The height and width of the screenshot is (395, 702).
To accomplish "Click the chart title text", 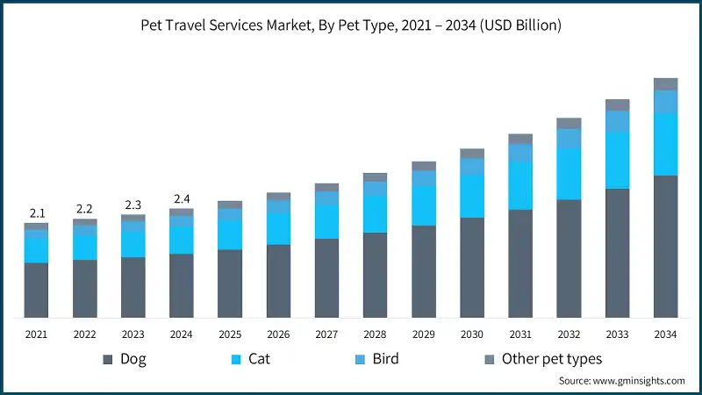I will tap(351, 26).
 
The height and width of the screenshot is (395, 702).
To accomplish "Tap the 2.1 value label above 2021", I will tap(36, 213).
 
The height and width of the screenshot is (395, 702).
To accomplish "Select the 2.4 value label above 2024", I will tap(182, 198).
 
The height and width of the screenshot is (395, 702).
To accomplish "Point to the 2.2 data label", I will tap(84, 209).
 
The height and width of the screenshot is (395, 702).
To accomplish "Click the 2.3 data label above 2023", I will tap(133, 204).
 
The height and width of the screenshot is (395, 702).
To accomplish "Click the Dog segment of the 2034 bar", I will tap(665, 246).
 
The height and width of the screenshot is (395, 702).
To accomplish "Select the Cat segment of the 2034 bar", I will tap(665, 145).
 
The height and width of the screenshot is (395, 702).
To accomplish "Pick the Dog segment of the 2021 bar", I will tap(36, 290).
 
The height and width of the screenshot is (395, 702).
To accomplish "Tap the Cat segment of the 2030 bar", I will tap(472, 196).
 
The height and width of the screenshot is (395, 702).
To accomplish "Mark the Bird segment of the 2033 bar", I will tap(617, 121).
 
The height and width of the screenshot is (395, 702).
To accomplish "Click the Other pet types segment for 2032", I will tap(569, 123).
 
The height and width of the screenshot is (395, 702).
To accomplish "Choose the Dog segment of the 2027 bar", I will tap(326, 277).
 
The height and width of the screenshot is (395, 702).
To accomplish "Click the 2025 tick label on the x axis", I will tap(230, 334).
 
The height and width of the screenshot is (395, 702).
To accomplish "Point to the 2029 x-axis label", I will tap(424, 334).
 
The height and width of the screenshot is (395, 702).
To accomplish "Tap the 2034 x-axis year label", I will tap(665, 334).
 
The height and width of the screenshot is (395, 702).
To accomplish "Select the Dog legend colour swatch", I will tap(108, 359).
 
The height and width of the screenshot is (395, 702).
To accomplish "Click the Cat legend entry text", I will tap(259, 359).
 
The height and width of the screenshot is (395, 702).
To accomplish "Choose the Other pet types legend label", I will tap(552, 359).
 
